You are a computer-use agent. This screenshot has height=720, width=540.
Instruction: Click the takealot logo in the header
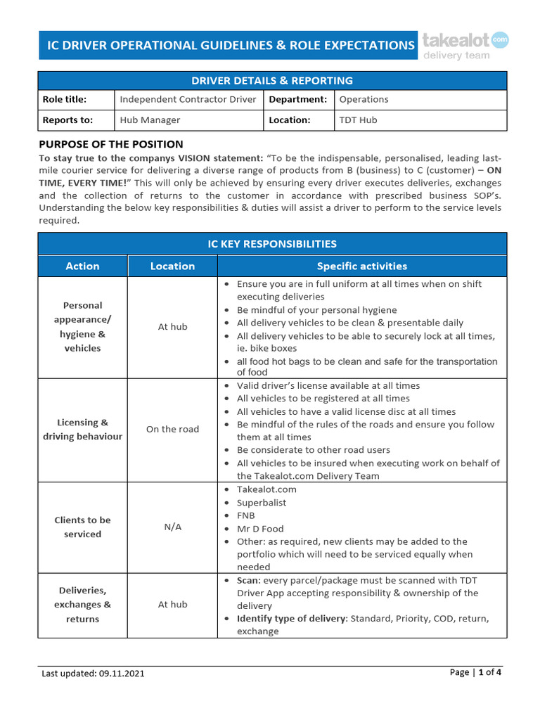coord(465,45)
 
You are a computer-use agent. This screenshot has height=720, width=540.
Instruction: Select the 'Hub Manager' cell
coord(150,120)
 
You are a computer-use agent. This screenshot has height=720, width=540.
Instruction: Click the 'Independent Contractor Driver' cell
coord(188,99)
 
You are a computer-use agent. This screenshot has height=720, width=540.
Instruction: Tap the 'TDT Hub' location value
coord(358,120)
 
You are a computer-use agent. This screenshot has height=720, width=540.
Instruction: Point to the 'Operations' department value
coord(364,99)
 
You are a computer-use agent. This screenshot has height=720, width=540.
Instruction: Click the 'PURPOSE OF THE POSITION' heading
coord(110,144)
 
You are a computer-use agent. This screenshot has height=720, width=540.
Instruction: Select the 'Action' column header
coord(82,266)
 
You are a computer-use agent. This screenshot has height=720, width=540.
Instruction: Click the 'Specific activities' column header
coord(361,266)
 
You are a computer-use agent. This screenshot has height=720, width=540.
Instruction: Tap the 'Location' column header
coord(172,266)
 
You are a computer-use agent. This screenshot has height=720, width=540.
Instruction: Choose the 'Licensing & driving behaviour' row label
coord(82,430)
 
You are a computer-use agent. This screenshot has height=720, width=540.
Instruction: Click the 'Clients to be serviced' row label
coord(82,527)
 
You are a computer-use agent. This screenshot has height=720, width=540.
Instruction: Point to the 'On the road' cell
coord(172,430)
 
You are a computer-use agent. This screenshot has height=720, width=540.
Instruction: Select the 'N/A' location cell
coord(172,527)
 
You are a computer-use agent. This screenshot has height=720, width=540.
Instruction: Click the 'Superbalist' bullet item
coord(262,503)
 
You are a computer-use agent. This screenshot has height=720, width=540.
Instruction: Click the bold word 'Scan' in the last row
coord(247,580)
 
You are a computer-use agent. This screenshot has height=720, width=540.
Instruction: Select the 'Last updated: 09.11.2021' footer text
coord(94,674)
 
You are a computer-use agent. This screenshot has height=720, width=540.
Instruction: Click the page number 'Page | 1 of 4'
coord(475,672)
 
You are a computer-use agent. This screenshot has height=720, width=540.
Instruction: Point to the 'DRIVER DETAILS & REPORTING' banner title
coord(271,81)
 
